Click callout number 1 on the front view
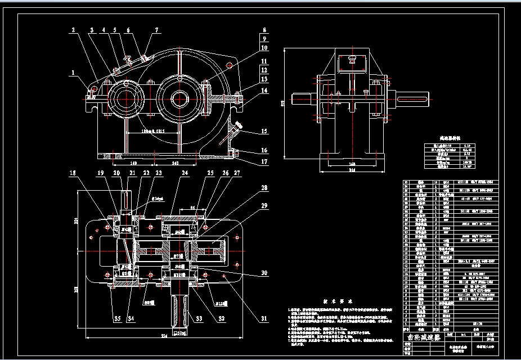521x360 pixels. [72, 73]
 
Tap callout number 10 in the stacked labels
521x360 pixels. [263, 48]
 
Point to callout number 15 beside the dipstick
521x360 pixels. [263, 132]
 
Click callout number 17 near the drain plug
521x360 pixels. [263, 162]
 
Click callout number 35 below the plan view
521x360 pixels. [118, 319]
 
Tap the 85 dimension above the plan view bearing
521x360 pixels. [192, 208]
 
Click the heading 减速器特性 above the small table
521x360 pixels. [455, 137]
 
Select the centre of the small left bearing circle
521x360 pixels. [125, 97]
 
